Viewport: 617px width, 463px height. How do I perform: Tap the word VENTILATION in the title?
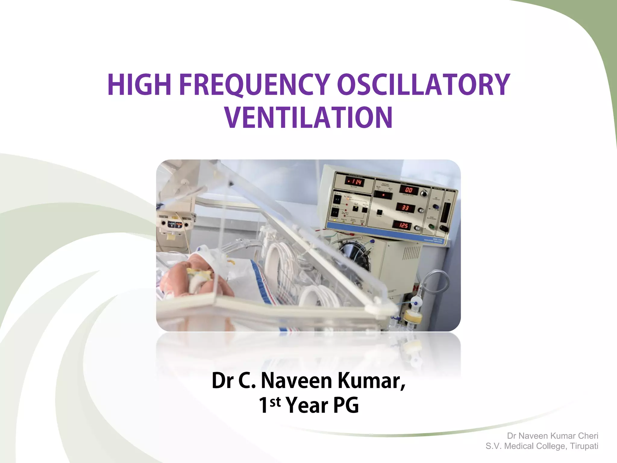coord(308,118)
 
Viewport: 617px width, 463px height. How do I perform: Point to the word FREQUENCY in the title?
coord(255,85)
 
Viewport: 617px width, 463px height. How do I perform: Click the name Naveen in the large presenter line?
coord(296,381)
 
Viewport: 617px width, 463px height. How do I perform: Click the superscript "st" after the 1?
coord(275,402)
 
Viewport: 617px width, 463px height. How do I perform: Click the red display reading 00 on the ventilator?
coord(409,190)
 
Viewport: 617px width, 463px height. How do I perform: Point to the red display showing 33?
coord(405,208)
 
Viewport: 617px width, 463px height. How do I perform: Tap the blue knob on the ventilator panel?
coord(435,207)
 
